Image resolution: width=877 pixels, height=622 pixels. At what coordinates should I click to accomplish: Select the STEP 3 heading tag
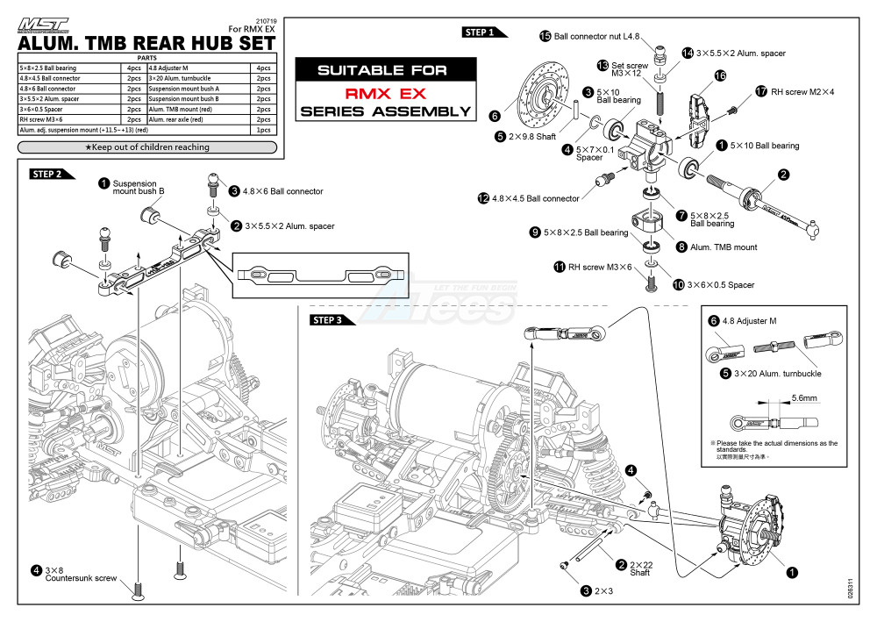(x=332, y=320)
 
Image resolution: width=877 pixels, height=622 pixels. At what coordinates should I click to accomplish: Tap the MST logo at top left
(x=43, y=26)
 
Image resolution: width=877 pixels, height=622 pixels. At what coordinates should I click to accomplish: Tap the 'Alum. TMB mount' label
(x=723, y=247)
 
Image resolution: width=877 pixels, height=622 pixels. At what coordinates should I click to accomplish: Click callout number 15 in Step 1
(x=545, y=36)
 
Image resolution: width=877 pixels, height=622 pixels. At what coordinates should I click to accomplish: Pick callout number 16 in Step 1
(x=720, y=76)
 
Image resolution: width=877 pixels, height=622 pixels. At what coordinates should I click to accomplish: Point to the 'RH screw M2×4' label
(x=802, y=91)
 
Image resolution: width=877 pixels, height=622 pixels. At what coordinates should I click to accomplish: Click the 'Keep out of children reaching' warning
(x=147, y=147)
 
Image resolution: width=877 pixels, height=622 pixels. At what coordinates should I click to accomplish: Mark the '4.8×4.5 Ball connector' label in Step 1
(x=535, y=199)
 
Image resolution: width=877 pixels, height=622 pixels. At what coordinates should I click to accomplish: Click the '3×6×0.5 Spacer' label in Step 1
(x=719, y=285)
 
